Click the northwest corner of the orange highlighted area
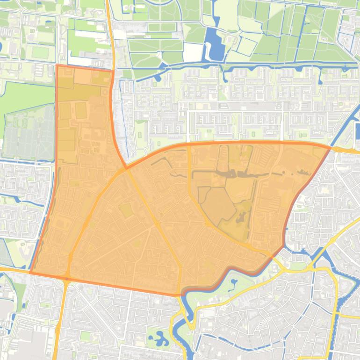click(x=57, y=65)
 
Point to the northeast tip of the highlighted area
click(x=331, y=147)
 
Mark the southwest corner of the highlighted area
click(x=31, y=272)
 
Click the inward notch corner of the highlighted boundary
click(x=126, y=167)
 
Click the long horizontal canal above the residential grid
click(x=234, y=65)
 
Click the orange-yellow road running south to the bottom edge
click(x=58, y=327)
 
